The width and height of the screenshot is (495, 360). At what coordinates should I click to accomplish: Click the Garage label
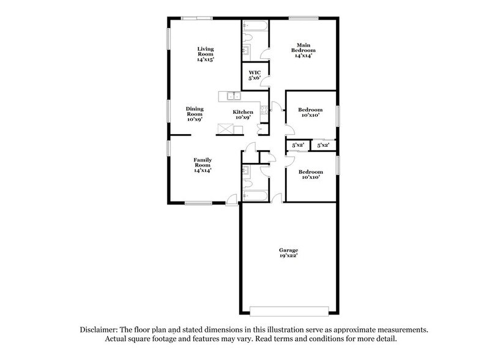(289, 251)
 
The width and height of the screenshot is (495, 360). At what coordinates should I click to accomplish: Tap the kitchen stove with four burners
(264, 111)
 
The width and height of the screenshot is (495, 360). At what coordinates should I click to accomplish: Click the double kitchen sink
(233, 96)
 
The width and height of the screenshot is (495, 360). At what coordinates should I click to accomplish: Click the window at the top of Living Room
(197, 18)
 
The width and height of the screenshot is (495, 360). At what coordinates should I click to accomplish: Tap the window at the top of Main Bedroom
(302, 18)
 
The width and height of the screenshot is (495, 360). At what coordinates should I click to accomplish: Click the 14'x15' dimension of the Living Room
(205, 60)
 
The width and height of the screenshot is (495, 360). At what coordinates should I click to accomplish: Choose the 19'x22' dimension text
(289, 257)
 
